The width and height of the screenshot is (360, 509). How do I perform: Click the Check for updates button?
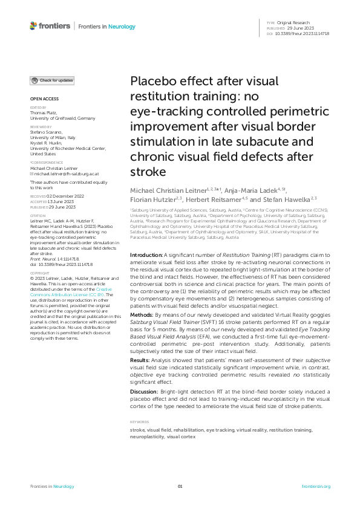[x=52, y=80]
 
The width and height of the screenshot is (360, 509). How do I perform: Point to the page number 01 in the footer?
[x=180, y=486]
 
